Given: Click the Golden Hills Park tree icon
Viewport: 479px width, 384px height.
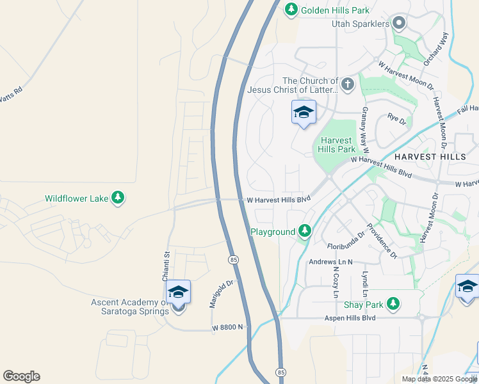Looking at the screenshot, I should [x=291, y=10].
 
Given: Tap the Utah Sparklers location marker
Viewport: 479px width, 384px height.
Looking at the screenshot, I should [x=399, y=24].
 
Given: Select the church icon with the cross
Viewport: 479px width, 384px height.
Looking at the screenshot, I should [x=347, y=84].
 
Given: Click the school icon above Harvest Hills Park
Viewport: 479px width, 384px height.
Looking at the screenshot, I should [x=304, y=113].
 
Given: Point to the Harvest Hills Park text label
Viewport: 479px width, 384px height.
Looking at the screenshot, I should [x=336, y=145].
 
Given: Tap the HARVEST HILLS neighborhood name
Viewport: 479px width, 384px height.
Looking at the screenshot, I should [x=430, y=156].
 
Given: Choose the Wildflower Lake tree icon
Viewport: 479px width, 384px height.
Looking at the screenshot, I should [x=117, y=198].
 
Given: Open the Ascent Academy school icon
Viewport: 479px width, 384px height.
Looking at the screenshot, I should [x=179, y=294].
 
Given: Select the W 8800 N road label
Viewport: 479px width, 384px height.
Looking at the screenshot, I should [x=229, y=328].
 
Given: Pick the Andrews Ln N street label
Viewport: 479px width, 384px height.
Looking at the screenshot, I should [x=331, y=261].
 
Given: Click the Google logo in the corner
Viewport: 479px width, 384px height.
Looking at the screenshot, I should [x=21, y=376].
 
